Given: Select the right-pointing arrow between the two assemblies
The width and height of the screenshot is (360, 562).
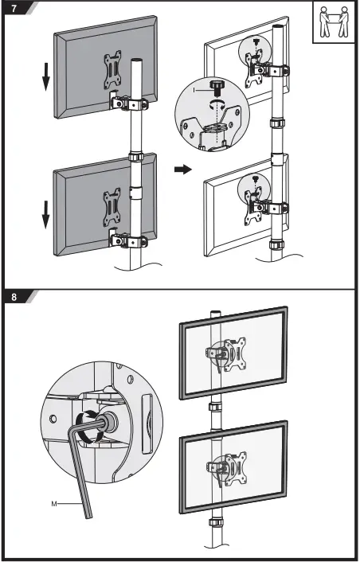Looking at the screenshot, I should pyautogui.click(x=182, y=170).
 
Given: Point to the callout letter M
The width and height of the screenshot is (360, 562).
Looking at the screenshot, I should pyautogui.click(x=54, y=503).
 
